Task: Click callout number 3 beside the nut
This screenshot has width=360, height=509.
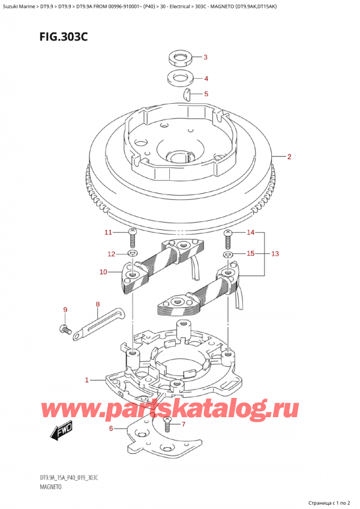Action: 205,58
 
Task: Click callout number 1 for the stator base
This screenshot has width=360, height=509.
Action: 87,379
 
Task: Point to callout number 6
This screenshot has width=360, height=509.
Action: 112,428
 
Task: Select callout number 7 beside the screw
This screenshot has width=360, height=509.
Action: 184,425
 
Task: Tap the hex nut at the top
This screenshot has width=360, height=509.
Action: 177,58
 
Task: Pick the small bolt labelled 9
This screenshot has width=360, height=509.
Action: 64,329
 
